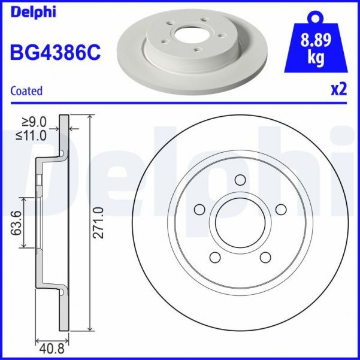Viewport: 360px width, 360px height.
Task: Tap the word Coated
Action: pyautogui.click(x=27, y=91)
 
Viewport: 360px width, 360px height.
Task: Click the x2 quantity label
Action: pyautogui.click(x=339, y=90)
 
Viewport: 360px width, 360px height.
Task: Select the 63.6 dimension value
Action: pyautogui.click(x=16, y=223)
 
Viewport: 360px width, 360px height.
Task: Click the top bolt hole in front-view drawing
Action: pyautogui.click(x=240, y=180)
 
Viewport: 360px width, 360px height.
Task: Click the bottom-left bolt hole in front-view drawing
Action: pyautogui.click(x=214, y=257)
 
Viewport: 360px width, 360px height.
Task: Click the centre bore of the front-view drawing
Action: pyautogui.click(x=240, y=222)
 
